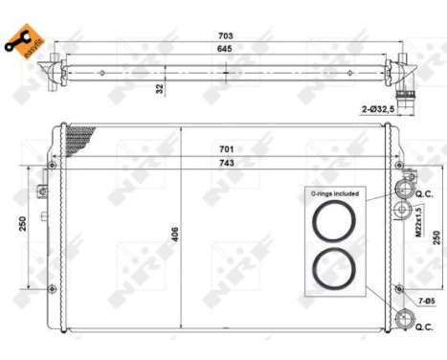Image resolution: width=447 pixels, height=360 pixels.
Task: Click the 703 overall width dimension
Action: point(224,35)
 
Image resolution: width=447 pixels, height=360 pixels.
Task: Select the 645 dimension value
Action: point(224,49)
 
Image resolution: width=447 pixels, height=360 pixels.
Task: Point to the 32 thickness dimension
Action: point(161,88)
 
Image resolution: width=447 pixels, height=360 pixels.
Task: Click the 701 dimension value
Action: point(224,149)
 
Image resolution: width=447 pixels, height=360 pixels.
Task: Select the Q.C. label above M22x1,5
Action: point(423,194)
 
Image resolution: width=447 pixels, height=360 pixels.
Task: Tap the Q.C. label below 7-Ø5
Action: point(423,326)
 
